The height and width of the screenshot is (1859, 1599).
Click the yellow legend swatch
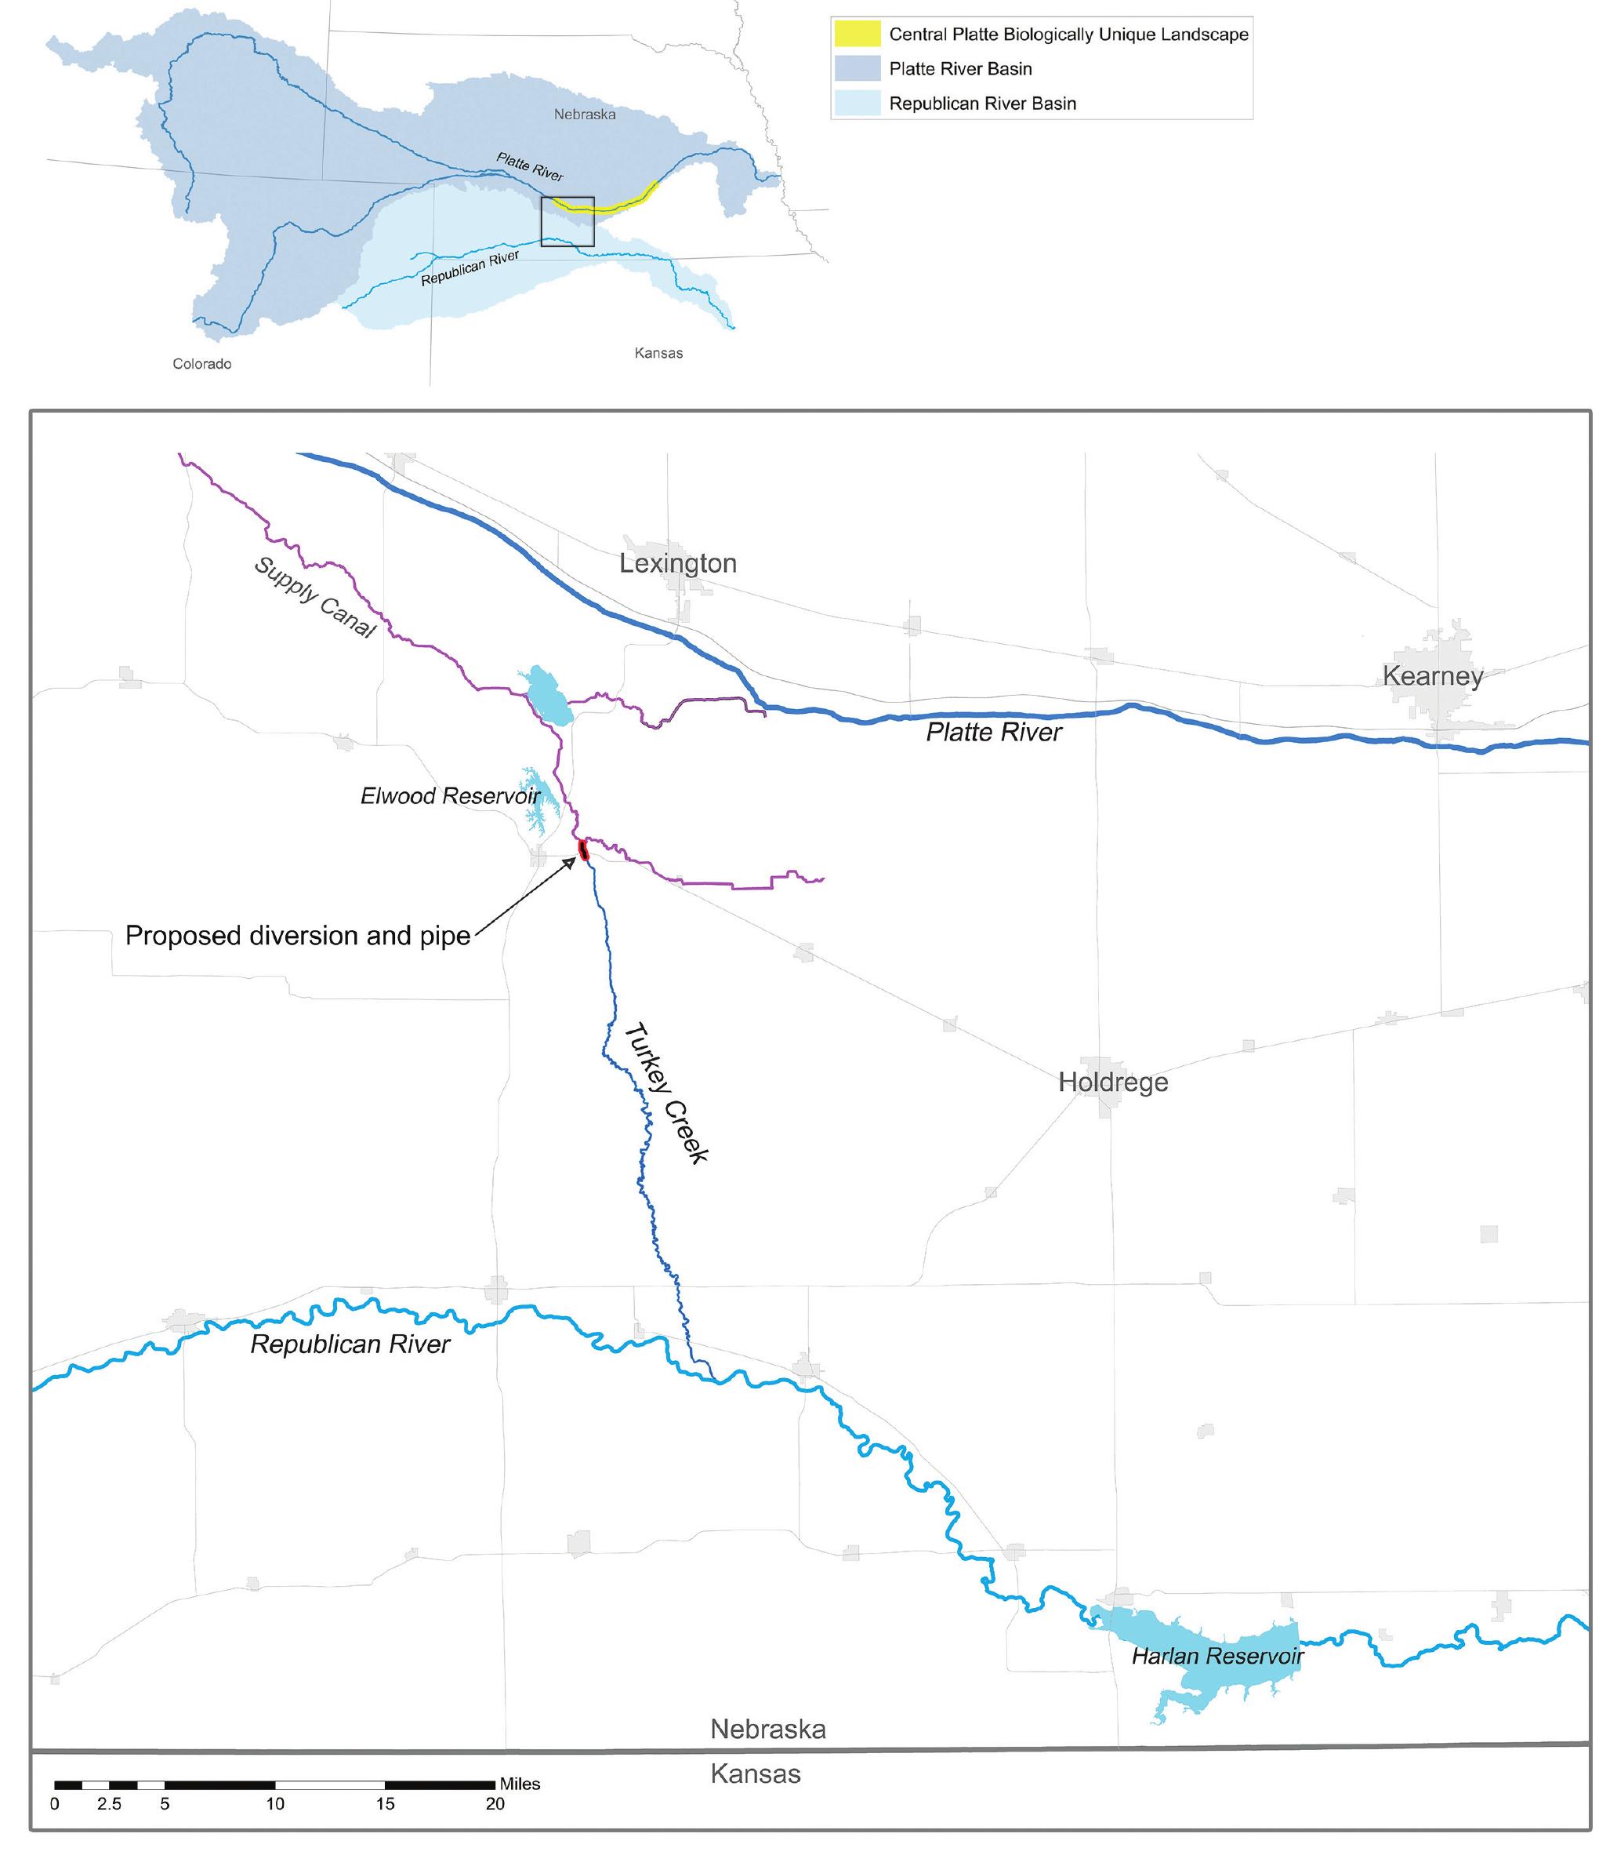[857, 34]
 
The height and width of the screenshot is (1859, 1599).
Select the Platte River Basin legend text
[959, 69]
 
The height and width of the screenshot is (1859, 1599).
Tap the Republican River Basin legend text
[982, 104]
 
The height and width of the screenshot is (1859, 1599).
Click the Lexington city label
[678, 563]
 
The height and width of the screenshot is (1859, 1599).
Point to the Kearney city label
[1432, 675]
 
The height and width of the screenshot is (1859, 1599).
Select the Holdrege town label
[1112, 1082]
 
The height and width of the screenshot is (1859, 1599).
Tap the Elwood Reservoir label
[450, 796]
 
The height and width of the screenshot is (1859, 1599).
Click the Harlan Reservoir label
[1217, 1656]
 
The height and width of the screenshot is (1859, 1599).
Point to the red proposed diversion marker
[583, 849]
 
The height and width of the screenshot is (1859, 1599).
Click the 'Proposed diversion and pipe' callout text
[298, 936]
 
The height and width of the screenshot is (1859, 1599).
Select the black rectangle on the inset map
[567, 222]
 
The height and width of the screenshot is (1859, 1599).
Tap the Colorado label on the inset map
[201, 363]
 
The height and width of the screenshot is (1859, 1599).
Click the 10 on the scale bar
[274, 1804]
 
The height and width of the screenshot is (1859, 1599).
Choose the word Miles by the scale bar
[520, 1784]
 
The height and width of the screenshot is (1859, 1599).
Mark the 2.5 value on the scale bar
[110, 1804]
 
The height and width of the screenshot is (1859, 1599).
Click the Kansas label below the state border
[755, 1774]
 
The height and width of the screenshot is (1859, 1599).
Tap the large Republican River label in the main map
[350, 1344]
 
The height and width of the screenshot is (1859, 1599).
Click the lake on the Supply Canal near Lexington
[549, 695]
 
